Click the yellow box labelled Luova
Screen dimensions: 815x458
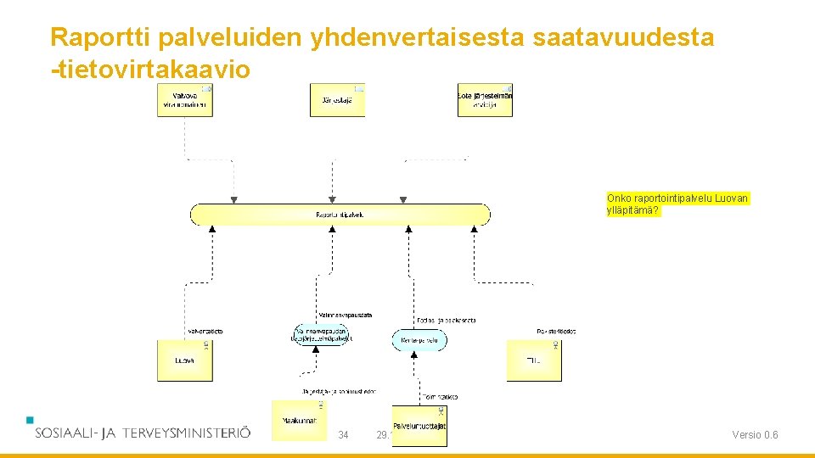tap(184, 360)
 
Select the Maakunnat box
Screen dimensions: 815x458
tap(298, 421)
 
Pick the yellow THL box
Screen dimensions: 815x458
tap(534, 360)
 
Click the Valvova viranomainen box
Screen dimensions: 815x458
tap(184, 100)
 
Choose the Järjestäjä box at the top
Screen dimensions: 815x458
tap(337, 100)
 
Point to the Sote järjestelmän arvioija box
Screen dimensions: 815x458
tap(485, 100)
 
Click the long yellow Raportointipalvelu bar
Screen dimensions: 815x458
tap(340, 215)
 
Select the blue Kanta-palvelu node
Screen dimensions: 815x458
tap(419, 341)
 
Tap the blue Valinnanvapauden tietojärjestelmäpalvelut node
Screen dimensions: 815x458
tap(321, 334)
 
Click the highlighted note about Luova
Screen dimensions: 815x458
tap(677, 204)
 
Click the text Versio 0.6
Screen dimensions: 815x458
tap(755, 436)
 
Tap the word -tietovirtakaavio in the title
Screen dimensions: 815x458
tap(150, 70)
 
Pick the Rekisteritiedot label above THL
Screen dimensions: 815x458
tap(556, 331)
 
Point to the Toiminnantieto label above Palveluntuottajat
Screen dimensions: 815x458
tap(440, 397)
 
